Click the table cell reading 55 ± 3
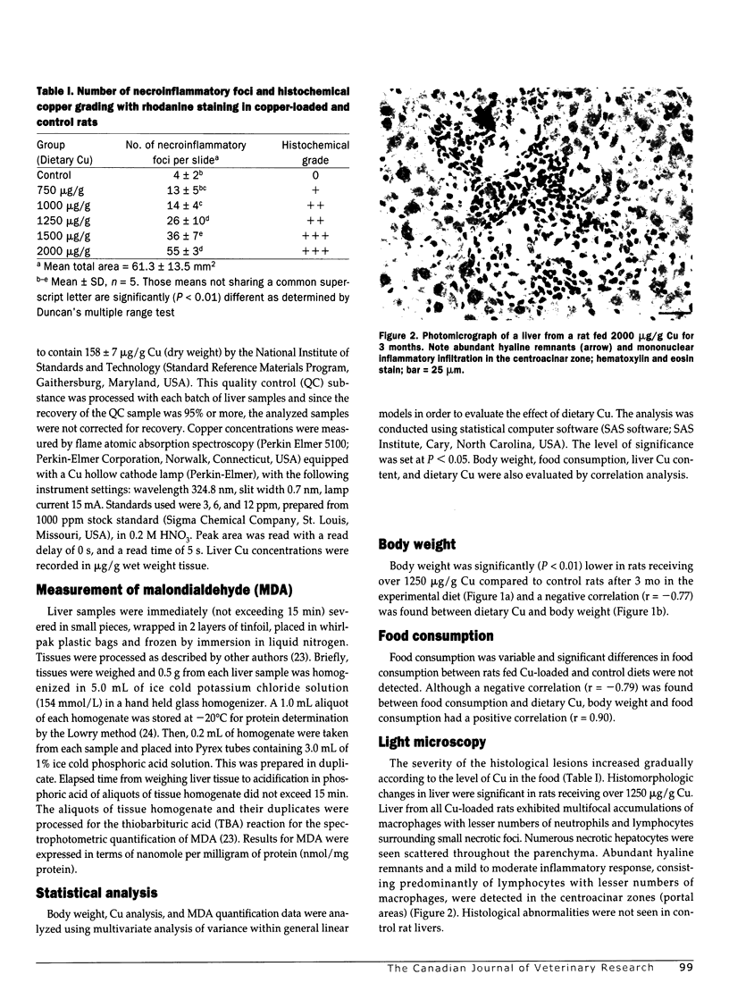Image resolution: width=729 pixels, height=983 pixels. click(x=186, y=252)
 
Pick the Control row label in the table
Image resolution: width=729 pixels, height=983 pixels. click(x=54, y=176)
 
